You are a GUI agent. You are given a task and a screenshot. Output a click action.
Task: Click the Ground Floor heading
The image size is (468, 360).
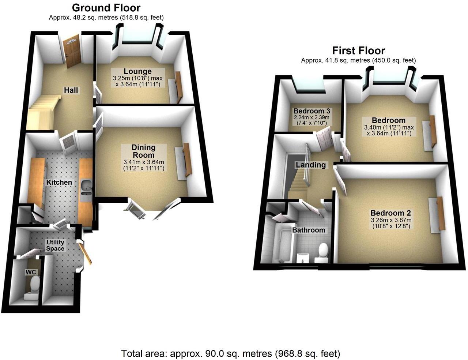[x=106, y=8]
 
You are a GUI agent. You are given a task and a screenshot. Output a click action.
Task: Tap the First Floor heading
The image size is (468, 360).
[x=358, y=50]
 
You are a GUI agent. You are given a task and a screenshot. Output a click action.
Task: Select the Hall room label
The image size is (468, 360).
[x=71, y=90]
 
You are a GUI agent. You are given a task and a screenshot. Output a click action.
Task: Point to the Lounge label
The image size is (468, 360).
[x=137, y=71]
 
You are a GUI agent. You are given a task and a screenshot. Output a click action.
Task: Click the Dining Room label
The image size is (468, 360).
[x=143, y=151]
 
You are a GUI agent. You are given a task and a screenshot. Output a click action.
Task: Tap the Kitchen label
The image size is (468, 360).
[x=58, y=182]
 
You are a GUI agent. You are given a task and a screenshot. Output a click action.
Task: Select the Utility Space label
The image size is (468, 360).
[x=55, y=245]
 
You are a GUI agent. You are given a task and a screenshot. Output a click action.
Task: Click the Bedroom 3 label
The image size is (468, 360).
[x=309, y=111]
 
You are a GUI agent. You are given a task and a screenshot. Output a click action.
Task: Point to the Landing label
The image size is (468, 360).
[x=311, y=165]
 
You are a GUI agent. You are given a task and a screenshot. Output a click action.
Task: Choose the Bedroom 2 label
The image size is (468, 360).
[x=390, y=213]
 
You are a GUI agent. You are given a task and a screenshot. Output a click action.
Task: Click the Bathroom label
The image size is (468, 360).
[x=309, y=230]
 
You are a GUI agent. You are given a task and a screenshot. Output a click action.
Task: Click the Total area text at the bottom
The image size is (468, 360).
[x=231, y=354]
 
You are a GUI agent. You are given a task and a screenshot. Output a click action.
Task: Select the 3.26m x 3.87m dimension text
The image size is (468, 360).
[x=390, y=220]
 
